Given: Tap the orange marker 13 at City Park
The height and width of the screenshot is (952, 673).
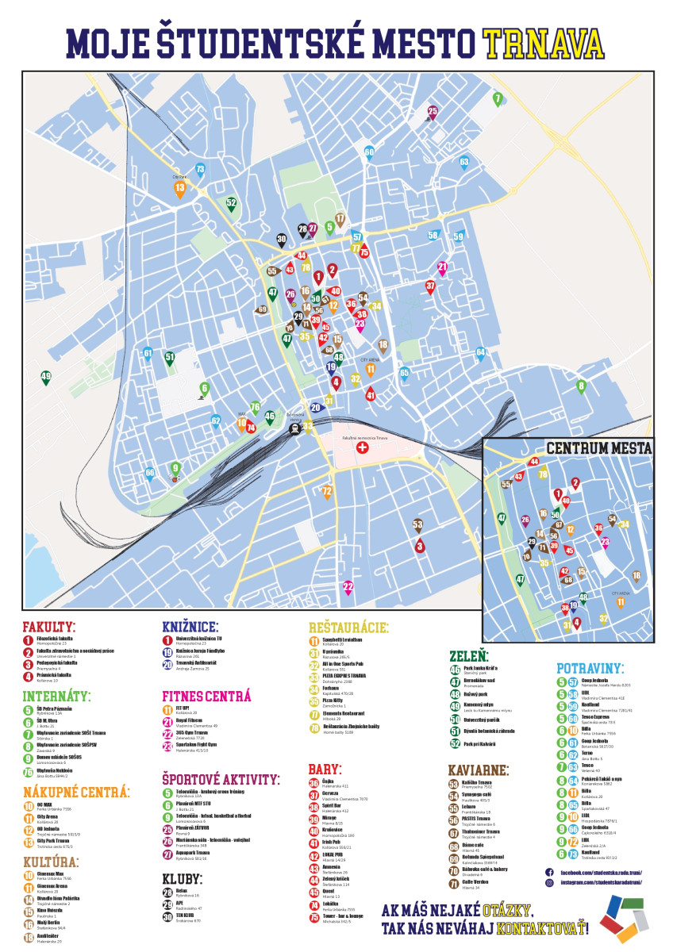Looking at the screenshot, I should (180, 188).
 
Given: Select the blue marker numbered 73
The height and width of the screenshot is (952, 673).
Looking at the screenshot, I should (200, 169).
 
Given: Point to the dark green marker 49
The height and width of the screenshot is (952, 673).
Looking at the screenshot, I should (46, 377).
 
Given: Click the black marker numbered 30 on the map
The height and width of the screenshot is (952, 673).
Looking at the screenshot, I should (282, 239).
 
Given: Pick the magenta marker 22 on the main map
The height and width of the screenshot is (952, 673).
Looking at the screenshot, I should (348, 587).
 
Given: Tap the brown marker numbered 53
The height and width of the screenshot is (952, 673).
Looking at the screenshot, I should (418, 524).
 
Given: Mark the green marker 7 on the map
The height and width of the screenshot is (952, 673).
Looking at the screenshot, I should (498, 99).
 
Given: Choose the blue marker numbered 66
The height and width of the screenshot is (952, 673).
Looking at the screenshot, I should (149, 474).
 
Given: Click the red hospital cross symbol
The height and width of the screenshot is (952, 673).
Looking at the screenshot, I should (363, 448).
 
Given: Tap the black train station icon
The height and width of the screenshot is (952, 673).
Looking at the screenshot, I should (294, 429).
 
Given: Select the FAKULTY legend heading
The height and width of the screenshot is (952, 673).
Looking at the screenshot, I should (49, 626).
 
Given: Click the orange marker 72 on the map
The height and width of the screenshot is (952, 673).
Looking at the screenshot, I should (326, 493).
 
